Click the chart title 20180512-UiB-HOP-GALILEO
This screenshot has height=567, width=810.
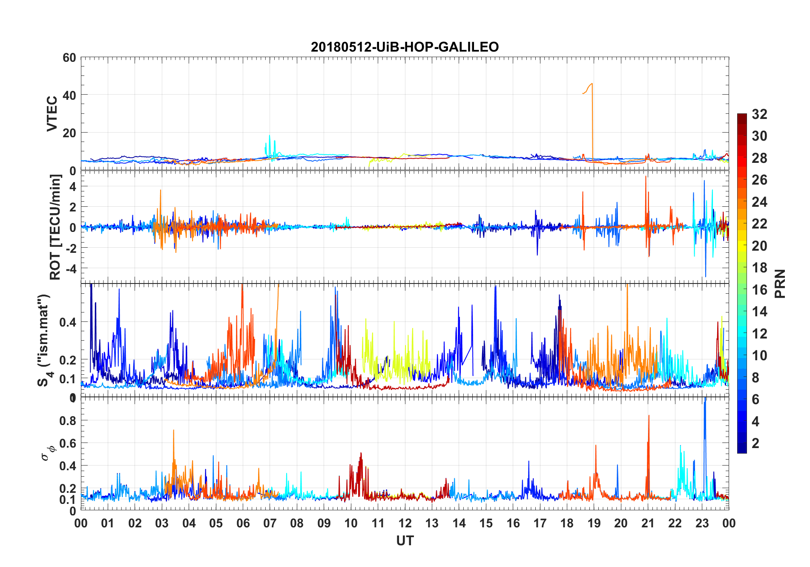(405, 47)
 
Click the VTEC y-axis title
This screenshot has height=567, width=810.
(52, 114)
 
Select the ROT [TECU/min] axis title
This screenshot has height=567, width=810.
(55, 227)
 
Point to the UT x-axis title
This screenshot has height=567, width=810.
(405, 541)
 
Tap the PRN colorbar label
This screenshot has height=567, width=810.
(780, 283)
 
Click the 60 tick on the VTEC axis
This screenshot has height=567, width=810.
(69, 58)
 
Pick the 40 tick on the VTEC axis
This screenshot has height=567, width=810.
(69, 95)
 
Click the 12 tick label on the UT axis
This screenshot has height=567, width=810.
(405, 523)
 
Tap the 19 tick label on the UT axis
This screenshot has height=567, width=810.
(594, 523)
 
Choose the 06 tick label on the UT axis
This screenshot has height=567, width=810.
(243, 523)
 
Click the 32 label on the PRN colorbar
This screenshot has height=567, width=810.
(759, 114)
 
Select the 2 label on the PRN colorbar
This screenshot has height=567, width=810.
(755, 443)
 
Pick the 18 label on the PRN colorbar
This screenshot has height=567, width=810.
(759, 268)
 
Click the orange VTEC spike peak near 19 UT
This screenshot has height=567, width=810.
(592, 84)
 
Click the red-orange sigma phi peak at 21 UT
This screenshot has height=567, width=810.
(649, 416)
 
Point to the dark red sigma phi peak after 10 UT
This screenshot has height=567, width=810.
(361, 454)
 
